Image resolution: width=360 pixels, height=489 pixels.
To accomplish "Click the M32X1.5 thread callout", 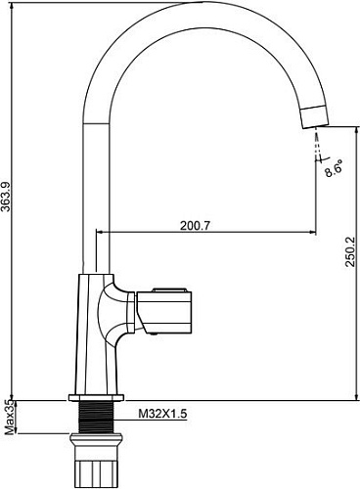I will point(161,415).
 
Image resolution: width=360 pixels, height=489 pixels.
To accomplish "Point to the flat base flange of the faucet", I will point(94,398).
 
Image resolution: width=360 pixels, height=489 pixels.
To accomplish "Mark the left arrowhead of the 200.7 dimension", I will point(98,232).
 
